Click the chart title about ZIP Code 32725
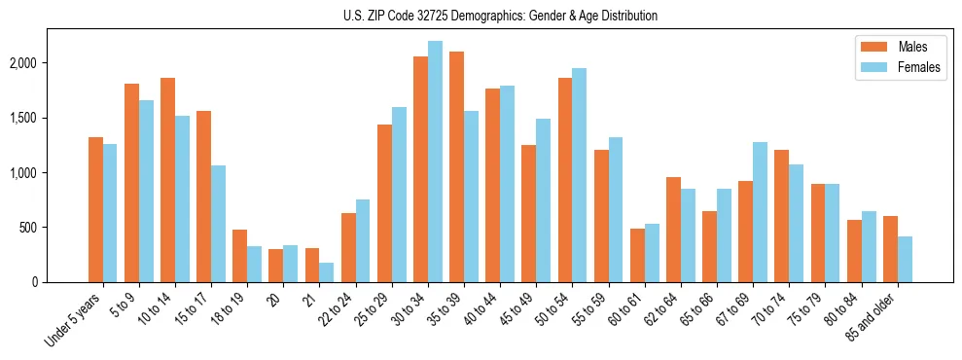pos(500,16)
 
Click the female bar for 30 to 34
pos(435,162)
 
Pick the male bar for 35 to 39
pos(456,166)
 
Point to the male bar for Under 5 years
pos(95,209)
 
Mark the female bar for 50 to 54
pos(580,175)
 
